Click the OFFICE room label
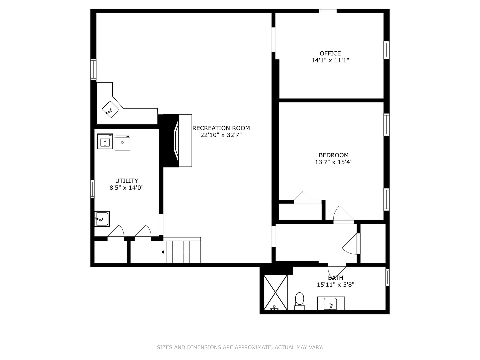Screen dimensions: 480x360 coord(330,53)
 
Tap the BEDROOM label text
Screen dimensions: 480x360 coord(333,155)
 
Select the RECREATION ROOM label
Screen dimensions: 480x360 coord(221,128)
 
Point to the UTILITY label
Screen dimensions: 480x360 coord(127,181)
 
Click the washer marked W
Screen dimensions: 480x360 coord(105,141)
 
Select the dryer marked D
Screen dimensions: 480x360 coord(122,143)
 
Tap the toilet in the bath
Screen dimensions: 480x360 coord(300,301)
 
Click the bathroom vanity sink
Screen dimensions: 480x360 coord(330,304)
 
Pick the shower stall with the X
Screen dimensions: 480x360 coord(275,292)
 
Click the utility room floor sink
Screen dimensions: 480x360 coord(102,219)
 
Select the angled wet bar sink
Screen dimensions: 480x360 coord(110,110)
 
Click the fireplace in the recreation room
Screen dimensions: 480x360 coord(175,141)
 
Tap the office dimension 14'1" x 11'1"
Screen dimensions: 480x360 coord(330,60)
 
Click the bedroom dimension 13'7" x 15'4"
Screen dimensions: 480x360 coord(334,162)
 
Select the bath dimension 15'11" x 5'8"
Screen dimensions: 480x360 coord(336,285)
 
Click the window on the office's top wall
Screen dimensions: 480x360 coord(328,11)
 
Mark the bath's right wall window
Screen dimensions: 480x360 coord(387,277)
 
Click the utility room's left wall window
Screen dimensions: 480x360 coord(93,189)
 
